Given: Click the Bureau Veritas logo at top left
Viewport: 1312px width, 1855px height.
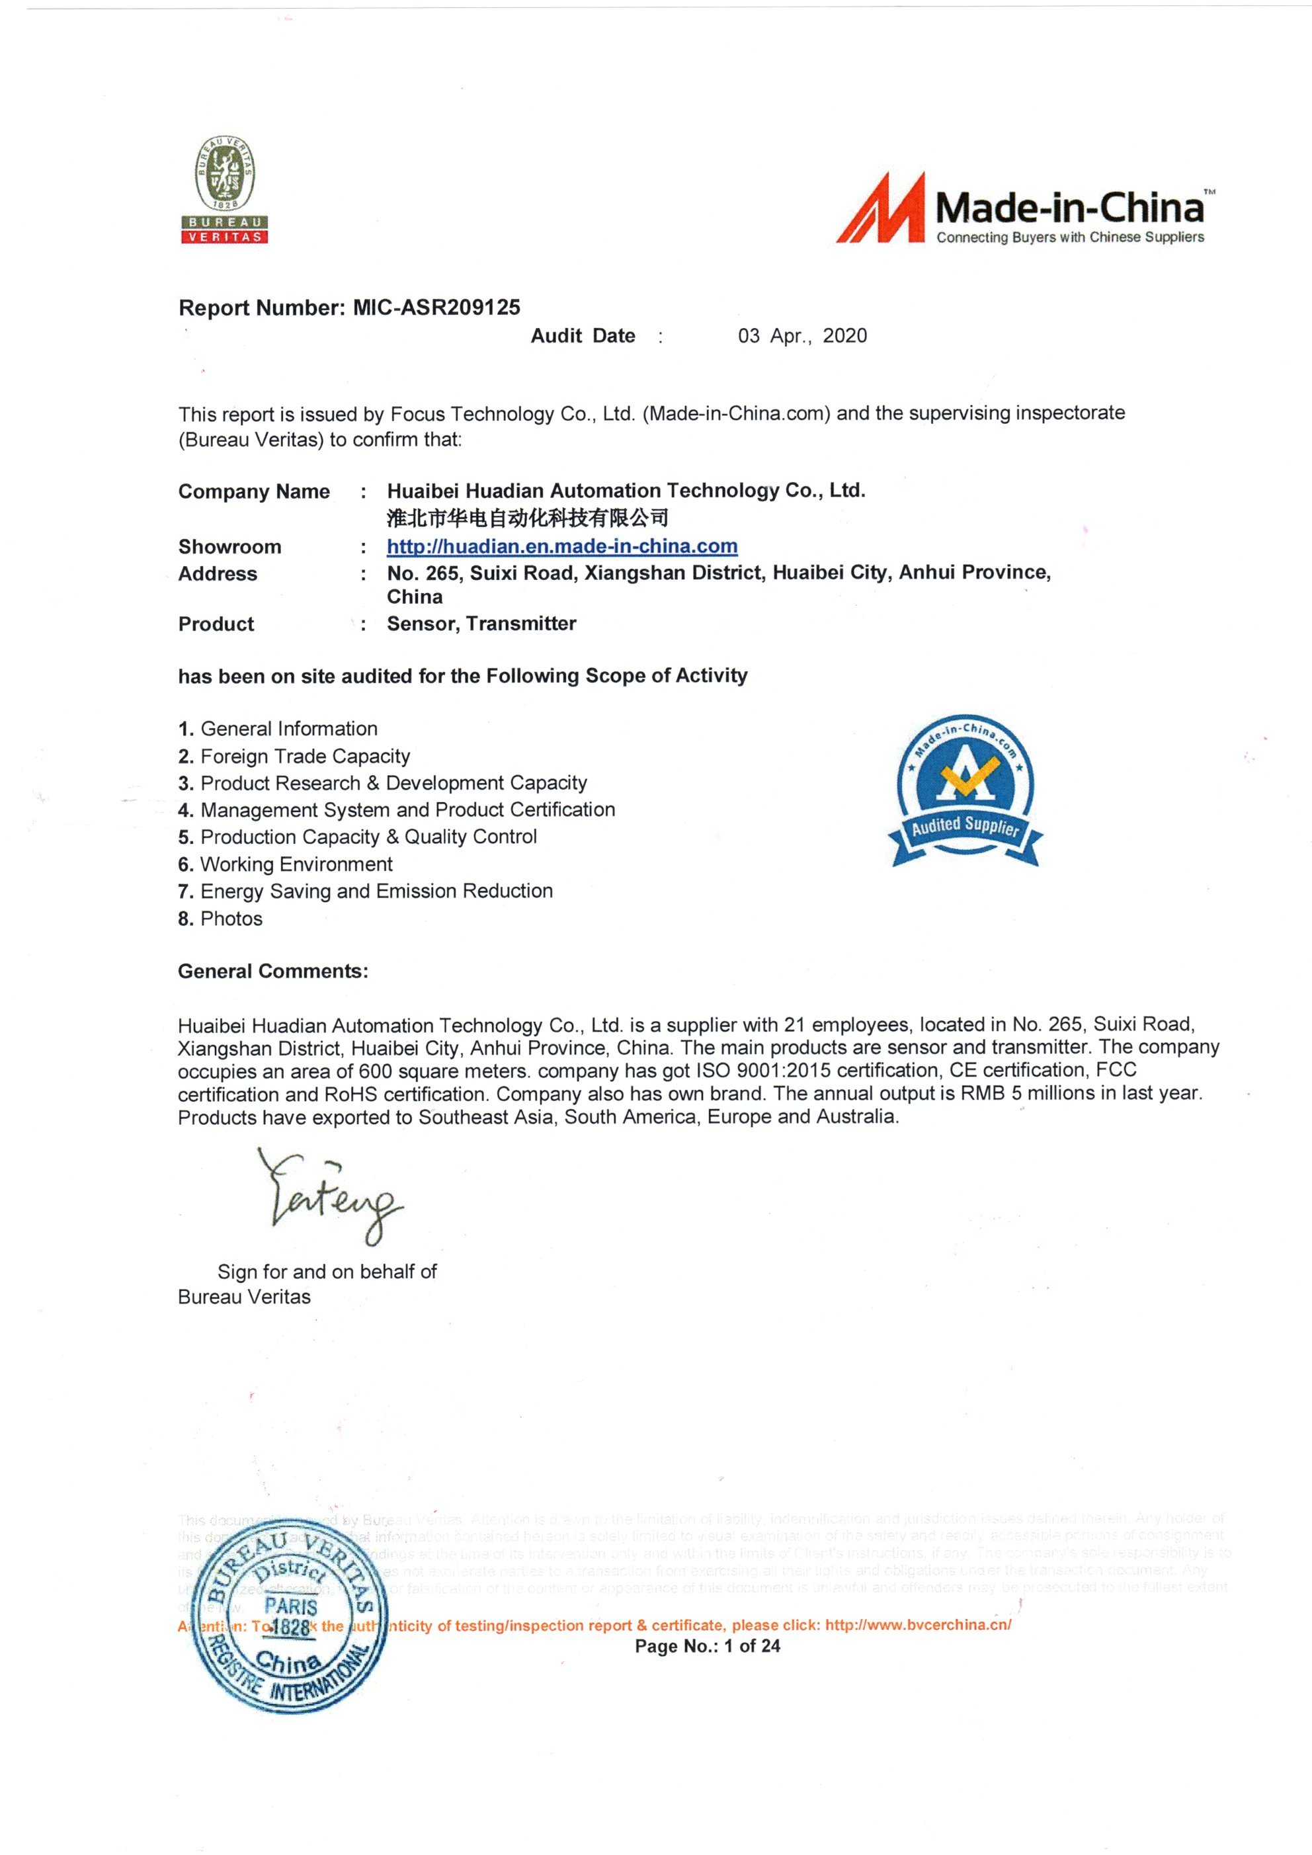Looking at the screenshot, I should (x=224, y=190).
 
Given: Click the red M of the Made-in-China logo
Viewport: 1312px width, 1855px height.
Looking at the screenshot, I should (x=882, y=209).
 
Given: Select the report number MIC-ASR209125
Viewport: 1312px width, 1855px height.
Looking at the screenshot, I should (x=436, y=308).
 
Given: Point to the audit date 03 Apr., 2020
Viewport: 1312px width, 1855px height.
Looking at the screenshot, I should (x=801, y=336).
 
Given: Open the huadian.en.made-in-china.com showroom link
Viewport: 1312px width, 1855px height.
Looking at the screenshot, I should (x=561, y=547).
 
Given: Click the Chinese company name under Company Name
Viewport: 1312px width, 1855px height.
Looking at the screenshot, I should (x=528, y=518).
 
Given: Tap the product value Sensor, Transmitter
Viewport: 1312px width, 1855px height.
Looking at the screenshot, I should (x=481, y=624).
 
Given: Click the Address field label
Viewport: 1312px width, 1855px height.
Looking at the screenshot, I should (x=218, y=575).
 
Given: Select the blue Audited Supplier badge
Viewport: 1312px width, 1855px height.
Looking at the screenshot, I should (x=965, y=790).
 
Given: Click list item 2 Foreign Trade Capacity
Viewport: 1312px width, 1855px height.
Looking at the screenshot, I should (x=294, y=757).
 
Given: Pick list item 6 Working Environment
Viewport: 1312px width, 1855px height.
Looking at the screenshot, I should (x=285, y=864).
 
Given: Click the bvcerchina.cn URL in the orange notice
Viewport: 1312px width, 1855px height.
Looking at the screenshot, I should (x=918, y=1625).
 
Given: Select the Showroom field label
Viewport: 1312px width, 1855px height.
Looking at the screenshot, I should (x=229, y=547).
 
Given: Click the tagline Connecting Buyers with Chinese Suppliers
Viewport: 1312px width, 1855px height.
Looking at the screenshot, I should (x=1069, y=237).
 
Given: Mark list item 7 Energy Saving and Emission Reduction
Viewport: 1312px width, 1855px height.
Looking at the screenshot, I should (x=365, y=891).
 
